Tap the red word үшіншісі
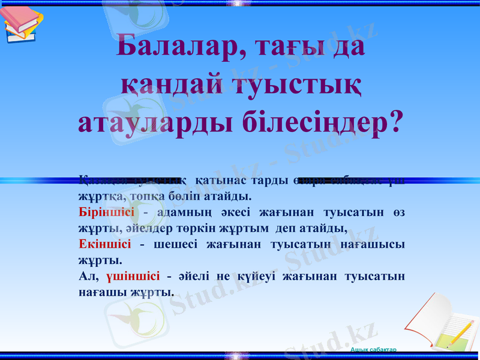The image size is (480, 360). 133,276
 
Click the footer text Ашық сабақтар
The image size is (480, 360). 373,349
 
